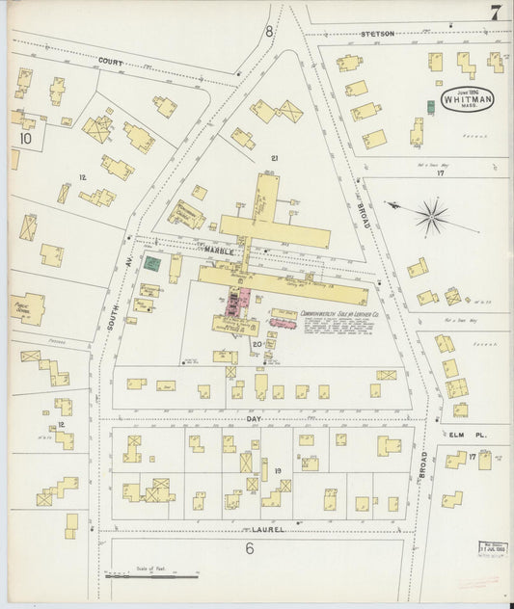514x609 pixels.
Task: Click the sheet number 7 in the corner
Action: (x=494, y=13)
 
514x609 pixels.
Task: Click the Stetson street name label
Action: (x=378, y=34)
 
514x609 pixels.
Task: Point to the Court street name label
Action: (x=110, y=61)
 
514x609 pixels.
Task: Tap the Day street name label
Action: (x=254, y=419)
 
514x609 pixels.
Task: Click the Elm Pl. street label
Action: (x=470, y=435)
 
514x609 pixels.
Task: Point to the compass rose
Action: (x=431, y=215)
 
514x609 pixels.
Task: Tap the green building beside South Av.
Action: (x=151, y=262)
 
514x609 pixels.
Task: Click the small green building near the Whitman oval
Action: (x=430, y=106)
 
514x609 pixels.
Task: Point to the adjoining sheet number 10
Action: (x=25, y=139)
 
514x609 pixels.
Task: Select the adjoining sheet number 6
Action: (x=248, y=549)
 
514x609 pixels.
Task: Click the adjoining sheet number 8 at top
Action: (x=269, y=32)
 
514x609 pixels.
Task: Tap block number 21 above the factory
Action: (x=275, y=158)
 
